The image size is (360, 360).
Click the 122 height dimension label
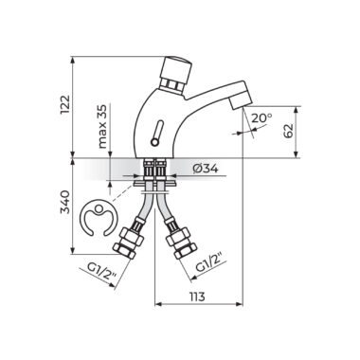[64, 104]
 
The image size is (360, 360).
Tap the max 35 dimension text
[102, 126]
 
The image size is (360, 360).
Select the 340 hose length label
[64, 202]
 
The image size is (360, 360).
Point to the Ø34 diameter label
[206, 169]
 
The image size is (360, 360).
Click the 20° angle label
[261, 117]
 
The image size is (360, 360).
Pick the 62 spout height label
[288, 131]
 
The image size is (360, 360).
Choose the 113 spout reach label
[197, 297]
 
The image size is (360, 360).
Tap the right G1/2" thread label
[211, 262]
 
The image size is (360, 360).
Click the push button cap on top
[176, 68]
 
